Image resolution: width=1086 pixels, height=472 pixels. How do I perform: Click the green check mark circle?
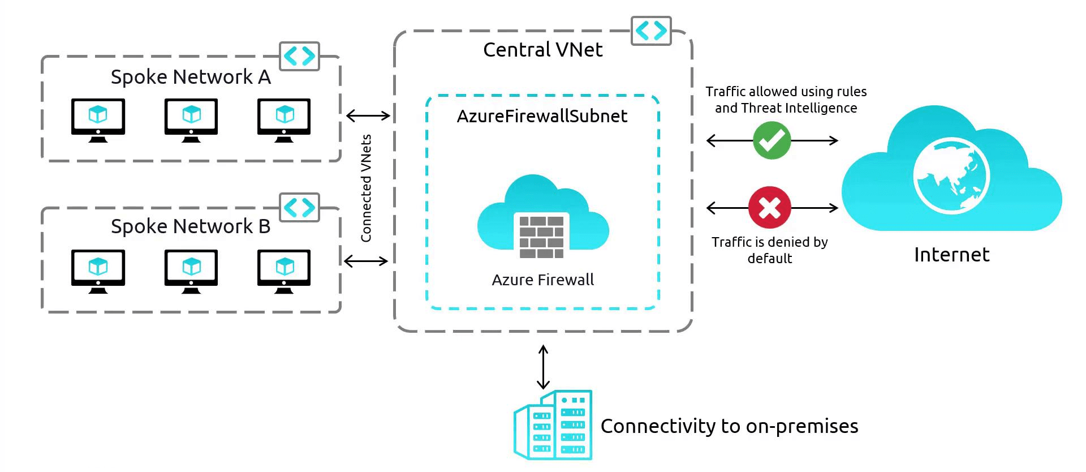[x=772, y=140]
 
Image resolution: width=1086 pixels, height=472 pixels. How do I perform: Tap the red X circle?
[x=769, y=207]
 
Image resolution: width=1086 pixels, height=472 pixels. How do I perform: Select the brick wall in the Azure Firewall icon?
[x=541, y=236]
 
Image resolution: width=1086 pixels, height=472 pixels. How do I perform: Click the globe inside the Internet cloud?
[x=951, y=176]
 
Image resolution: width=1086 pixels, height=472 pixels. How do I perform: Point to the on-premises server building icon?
[x=553, y=425]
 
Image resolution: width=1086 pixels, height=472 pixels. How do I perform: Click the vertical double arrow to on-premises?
[x=543, y=367]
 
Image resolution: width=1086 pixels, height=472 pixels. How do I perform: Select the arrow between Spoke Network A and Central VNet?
[x=368, y=116]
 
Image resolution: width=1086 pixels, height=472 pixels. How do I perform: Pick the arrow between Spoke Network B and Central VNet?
[x=366, y=261]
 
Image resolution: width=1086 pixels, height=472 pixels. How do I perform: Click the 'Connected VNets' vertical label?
[x=367, y=188]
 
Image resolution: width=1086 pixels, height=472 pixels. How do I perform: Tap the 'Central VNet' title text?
[x=542, y=50]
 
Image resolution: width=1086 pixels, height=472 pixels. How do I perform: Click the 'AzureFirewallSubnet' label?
[x=542, y=116]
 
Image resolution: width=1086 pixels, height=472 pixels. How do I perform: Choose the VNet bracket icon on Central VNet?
[x=650, y=31]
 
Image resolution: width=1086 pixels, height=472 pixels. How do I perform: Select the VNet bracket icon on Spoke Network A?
[x=299, y=56]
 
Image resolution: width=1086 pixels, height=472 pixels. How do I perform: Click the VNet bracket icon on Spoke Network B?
[x=299, y=207]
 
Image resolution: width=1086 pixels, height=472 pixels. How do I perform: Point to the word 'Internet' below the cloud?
[x=951, y=255]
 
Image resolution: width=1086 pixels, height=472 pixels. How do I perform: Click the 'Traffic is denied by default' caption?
[x=769, y=250]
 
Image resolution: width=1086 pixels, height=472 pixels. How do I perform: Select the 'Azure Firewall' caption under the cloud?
[x=542, y=280]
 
